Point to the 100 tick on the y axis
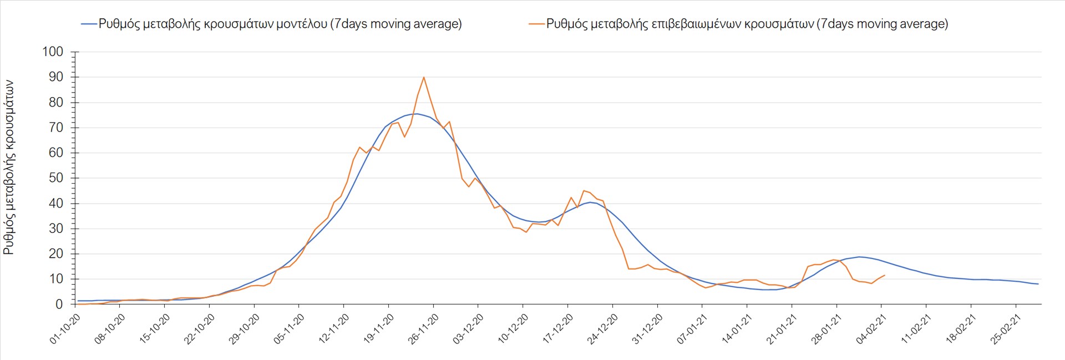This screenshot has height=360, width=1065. [x=53, y=52]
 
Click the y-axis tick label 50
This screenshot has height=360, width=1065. [x=56, y=178]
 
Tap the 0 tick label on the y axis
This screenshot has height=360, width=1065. [x=59, y=304]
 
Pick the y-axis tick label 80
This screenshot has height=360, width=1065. [x=56, y=102]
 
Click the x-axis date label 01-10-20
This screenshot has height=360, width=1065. [x=65, y=329]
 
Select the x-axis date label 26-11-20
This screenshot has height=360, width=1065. [x=424, y=329]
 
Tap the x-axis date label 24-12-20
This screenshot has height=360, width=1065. [x=603, y=329]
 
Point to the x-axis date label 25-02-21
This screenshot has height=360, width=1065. [x=1006, y=329]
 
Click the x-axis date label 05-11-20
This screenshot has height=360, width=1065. [x=290, y=329]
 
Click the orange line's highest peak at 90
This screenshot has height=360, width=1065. [x=424, y=77]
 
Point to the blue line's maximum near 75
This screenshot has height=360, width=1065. [x=417, y=114]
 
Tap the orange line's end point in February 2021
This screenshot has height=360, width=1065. [x=884, y=275]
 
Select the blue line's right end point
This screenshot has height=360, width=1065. [x=1038, y=284]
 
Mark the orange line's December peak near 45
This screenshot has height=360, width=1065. [x=584, y=191]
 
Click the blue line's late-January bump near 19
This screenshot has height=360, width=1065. [x=859, y=257]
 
